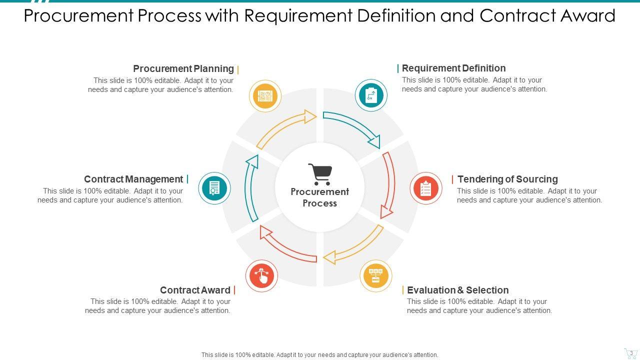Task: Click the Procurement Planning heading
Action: pos(183,68)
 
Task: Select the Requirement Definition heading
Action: pos(453,68)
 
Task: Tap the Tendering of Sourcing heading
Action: pos(507,179)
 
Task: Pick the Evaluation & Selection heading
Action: pos(457,290)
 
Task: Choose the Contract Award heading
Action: pos(195,290)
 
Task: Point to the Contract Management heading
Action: pos(133,179)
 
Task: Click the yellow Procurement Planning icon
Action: pos(265,96)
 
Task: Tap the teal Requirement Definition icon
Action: pos(371,95)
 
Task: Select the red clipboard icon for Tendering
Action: pos(426,188)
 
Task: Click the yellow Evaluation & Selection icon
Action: pos(376,276)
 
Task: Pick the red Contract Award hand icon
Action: pos(261,276)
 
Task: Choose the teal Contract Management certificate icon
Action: pos(214,188)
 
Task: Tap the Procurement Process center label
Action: pos(320,197)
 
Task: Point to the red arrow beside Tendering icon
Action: pos(389,185)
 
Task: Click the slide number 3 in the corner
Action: pos(631,353)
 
